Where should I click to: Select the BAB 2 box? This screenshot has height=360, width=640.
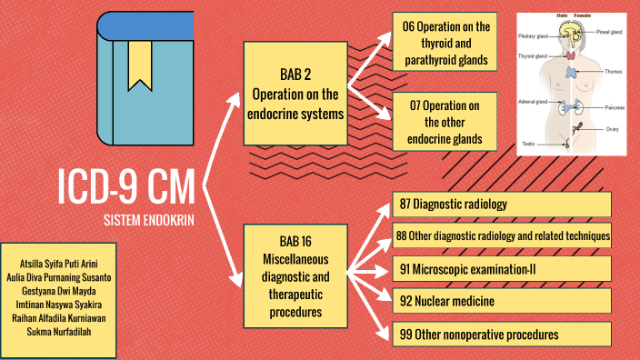(x=296, y=94)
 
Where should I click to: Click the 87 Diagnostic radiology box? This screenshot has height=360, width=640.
(x=502, y=205)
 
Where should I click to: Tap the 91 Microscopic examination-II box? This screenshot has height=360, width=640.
(x=502, y=269)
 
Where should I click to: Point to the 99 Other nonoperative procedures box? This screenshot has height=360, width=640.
(x=502, y=335)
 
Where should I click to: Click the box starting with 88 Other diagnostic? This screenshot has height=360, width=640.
(x=502, y=236)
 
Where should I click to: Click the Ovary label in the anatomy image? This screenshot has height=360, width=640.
(x=612, y=130)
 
